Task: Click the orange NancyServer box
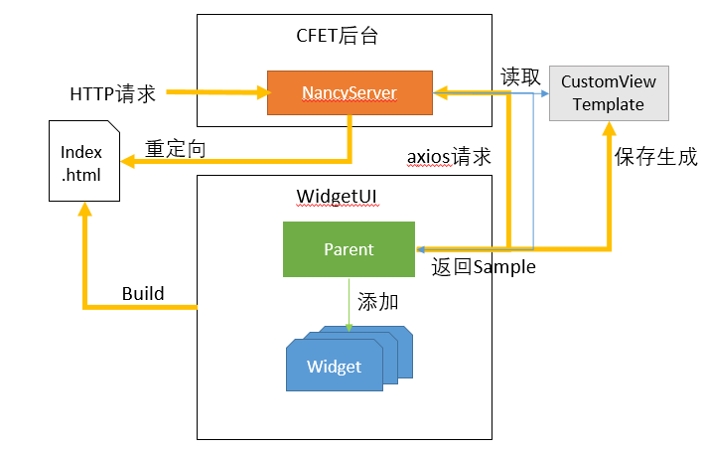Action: pyautogui.click(x=350, y=92)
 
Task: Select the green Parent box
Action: pyautogui.click(x=349, y=249)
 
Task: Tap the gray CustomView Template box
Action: pyautogui.click(x=609, y=93)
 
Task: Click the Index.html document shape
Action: pyautogui.click(x=84, y=161)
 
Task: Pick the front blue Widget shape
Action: pyautogui.click(x=335, y=366)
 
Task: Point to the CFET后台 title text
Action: pyautogui.click(x=338, y=36)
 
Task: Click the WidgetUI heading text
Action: pyautogui.click(x=337, y=197)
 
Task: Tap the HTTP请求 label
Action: pyautogui.click(x=112, y=94)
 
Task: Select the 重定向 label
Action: pyautogui.click(x=176, y=149)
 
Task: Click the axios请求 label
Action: pyautogui.click(x=449, y=157)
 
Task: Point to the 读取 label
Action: pyautogui.click(x=520, y=76)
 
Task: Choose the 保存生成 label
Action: pyautogui.click(x=655, y=157)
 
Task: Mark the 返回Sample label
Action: pyautogui.click(x=484, y=267)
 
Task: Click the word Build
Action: pyautogui.click(x=143, y=294)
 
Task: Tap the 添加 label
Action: pyautogui.click(x=377, y=302)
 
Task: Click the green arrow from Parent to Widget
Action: pyautogui.click(x=349, y=305)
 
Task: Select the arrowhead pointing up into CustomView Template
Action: pyautogui.click(x=609, y=128)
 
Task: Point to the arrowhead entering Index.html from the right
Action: pyautogui.click(x=128, y=161)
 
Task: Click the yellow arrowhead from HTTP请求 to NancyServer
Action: pyautogui.click(x=264, y=92)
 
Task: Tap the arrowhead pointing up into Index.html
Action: pyautogui.click(x=84, y=209)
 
